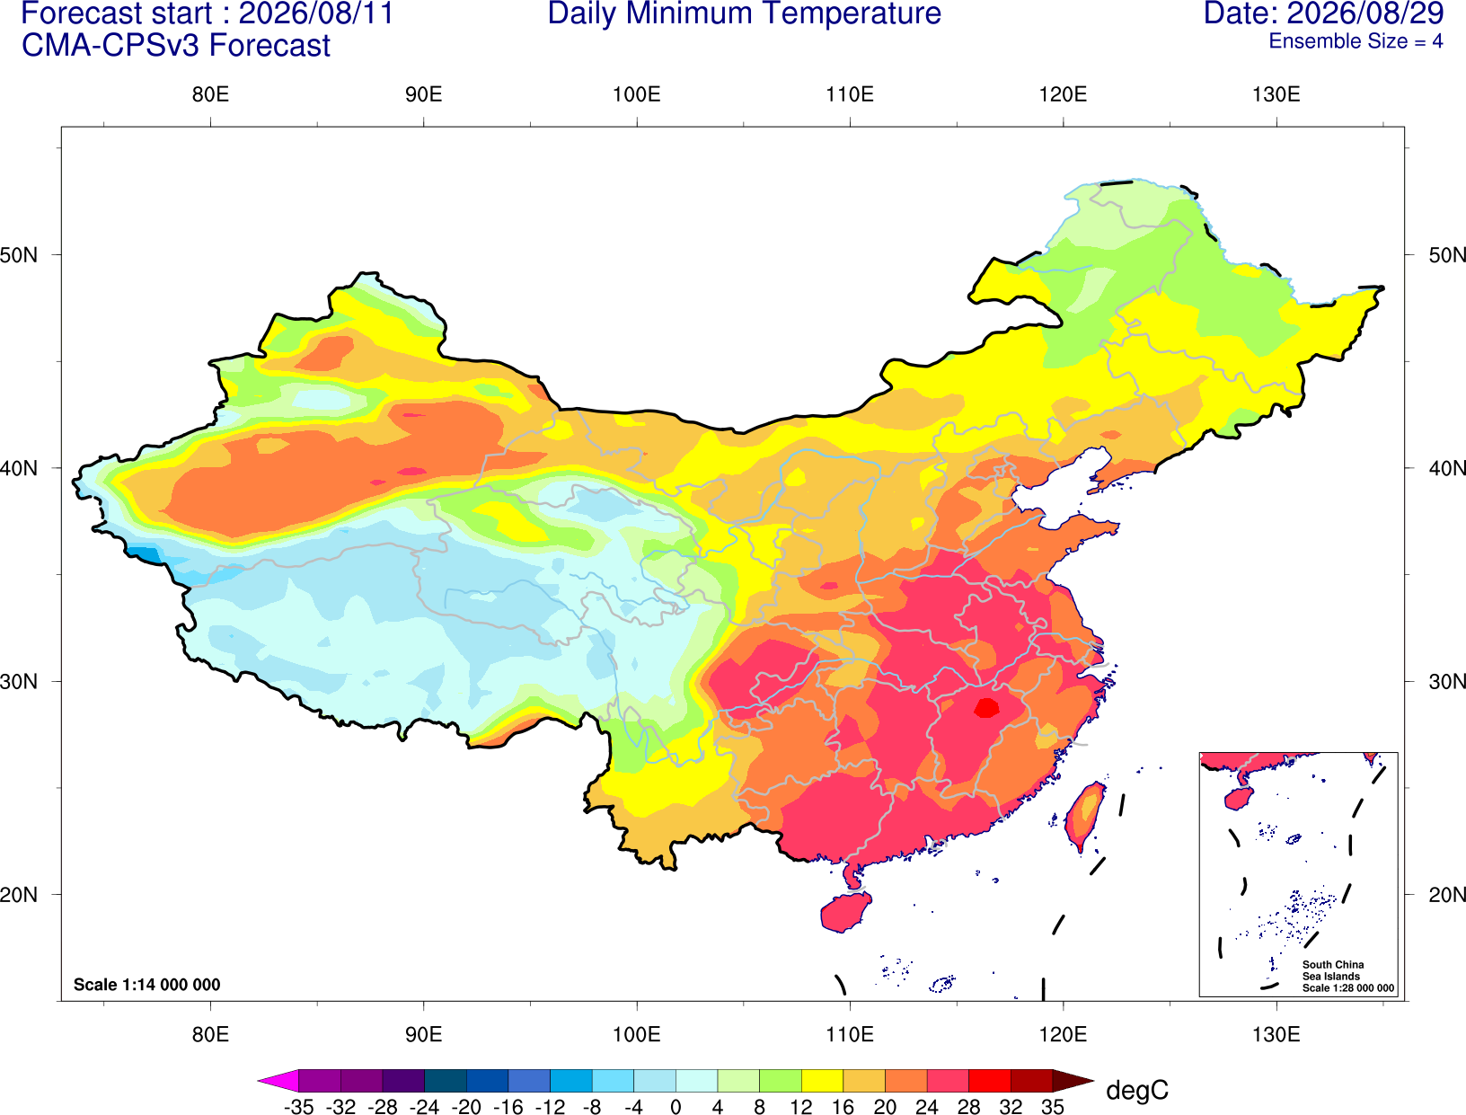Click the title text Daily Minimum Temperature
(744, 13)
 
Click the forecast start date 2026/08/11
(316, 13)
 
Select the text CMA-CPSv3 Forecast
(176, 46)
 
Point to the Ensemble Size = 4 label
(1356, 41)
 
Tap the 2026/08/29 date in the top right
(1366, 13)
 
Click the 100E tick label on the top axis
(637, 94)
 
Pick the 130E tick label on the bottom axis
(1276, 1035)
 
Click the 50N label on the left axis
(19, 254)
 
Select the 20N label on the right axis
(1446, 895)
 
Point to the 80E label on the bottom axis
(210, 1035)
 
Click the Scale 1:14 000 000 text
(147, 985)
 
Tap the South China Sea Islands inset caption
(1347, 977)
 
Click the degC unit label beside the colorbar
(1136, 1090)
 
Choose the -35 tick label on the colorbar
(298, 1107)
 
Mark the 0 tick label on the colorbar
(676, 1107)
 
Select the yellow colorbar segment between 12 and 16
(822, 1080)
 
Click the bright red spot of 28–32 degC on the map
(986, 707)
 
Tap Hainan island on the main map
(845, 911)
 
